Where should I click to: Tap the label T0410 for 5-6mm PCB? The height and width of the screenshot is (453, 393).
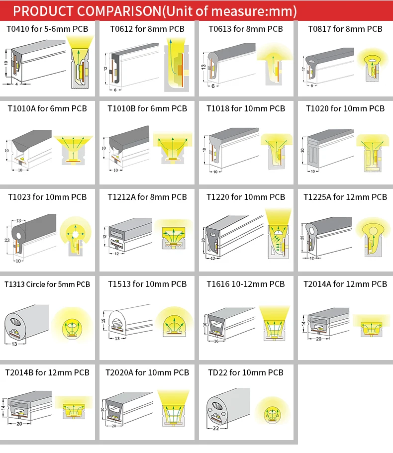47,29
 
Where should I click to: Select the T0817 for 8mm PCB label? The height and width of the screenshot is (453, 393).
344,29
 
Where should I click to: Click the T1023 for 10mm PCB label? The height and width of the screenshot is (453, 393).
47,197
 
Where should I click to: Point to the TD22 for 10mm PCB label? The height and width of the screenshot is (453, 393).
245,372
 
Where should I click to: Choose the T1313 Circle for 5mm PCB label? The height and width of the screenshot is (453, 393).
47,284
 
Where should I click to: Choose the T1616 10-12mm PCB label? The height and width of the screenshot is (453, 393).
246,284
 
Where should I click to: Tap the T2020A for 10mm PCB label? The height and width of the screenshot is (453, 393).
147,372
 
